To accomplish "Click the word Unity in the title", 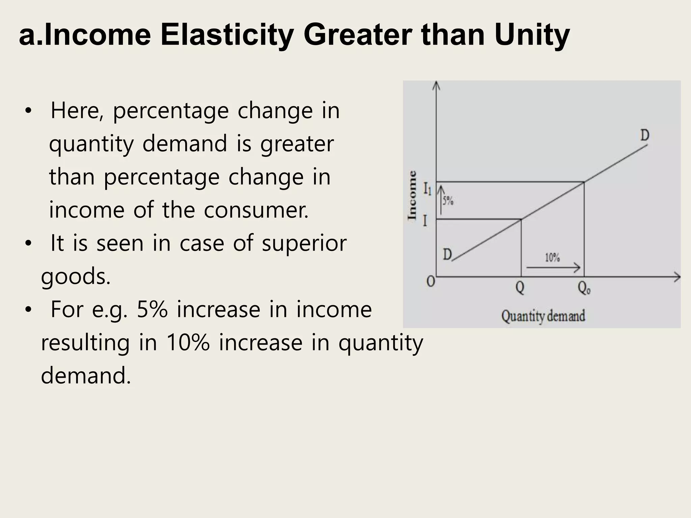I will tap(532, 35).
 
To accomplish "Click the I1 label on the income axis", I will tap(427, 189).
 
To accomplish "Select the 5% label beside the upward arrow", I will tap(448, 201).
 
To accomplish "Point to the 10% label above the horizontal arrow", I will tap(552, 258).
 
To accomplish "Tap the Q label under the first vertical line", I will tap(520, 288).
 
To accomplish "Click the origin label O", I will tap(431, 281).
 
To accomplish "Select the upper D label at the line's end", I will tap(645, 136).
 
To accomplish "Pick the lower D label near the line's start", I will tap(447, 254).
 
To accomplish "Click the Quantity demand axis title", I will tap(543, 316).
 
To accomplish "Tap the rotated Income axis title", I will tap(412, 195).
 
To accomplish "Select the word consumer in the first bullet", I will tap(256, 210).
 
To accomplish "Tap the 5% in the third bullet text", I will tap(152, 310).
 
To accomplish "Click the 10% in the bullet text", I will tap(188, 343).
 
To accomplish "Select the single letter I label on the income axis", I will tap(425, 221).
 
